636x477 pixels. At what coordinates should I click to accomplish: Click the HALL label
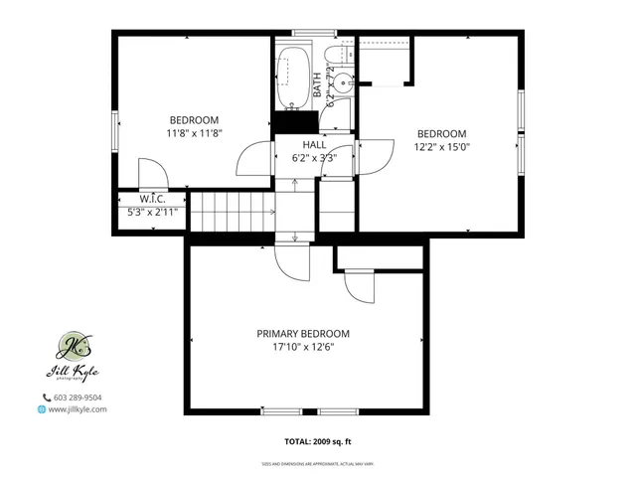[314, 144]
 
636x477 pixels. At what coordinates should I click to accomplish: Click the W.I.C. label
[151, 198]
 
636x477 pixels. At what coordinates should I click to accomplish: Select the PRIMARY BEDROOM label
[303, 334]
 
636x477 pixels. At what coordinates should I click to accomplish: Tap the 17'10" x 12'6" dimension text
[303, 347]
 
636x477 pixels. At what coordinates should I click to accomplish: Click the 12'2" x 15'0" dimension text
[442, 146]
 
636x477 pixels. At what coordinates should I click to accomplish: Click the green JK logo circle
[73, 346]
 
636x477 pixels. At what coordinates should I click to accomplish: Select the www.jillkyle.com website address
[78, 408]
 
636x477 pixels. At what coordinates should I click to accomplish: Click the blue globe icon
[42, 408]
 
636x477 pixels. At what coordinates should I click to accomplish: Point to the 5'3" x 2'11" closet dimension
[151, 211]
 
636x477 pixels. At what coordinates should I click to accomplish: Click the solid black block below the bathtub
[295, 121]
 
